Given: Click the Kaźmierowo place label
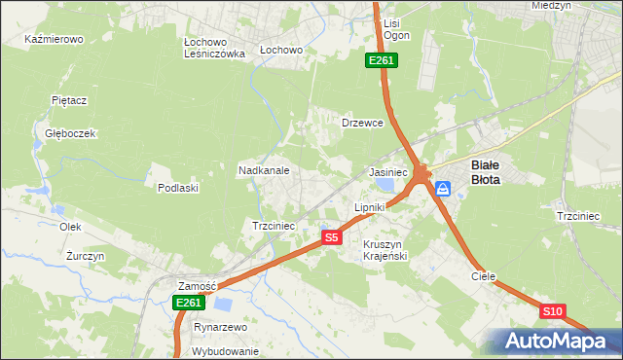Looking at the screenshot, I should [55, 40].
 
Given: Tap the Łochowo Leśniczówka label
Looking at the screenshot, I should [214, 49].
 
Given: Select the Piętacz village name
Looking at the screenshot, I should [70, 100].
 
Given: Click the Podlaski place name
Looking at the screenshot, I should [178, 188].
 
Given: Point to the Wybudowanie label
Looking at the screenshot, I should [225, 351].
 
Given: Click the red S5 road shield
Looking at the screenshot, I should [332, 237].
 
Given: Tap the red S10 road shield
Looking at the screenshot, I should [552, 311].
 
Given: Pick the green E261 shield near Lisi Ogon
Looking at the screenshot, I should [381, 61].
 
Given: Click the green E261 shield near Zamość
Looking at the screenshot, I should [189, 304].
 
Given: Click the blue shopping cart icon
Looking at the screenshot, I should [442, 189].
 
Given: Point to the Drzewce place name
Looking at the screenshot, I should [362, 124].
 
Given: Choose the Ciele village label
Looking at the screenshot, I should [484, 276].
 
